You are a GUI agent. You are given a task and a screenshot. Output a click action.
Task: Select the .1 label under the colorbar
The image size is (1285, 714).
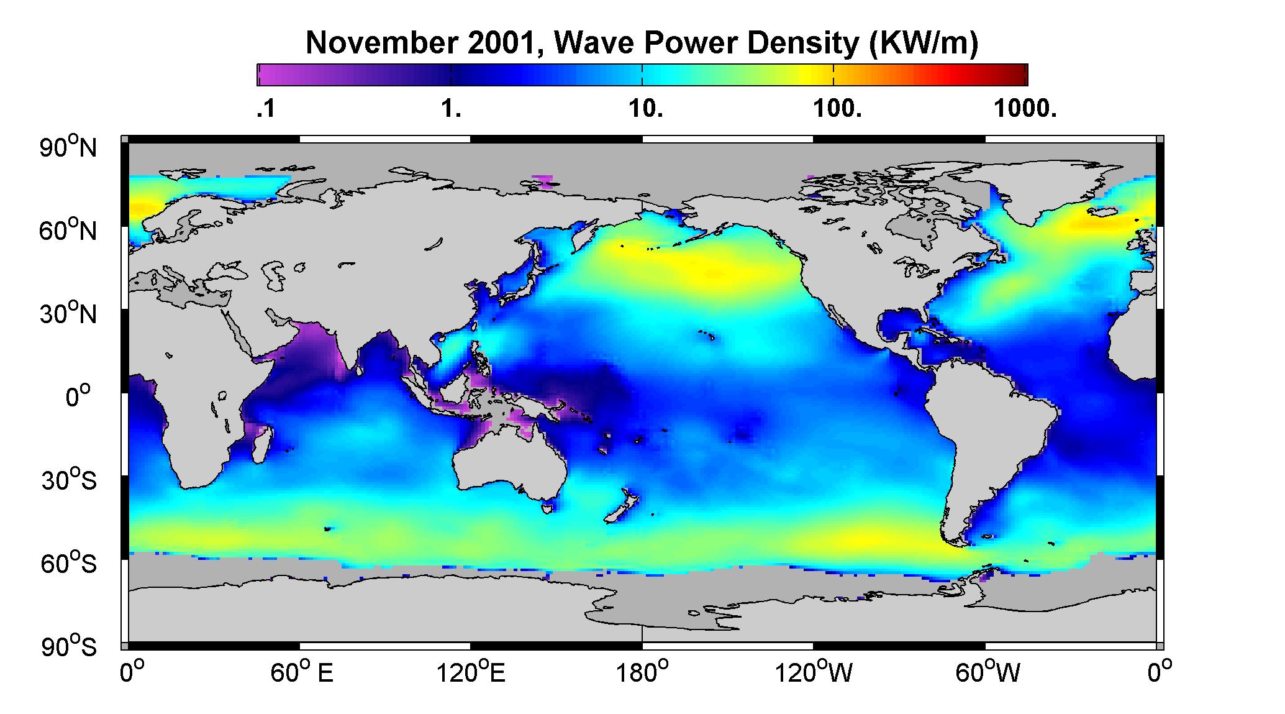click(x=266, y=109)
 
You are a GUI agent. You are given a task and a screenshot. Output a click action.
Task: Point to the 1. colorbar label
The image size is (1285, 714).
click(x=451, y=109)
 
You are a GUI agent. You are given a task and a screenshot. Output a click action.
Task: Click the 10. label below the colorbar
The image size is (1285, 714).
click(x=645, y=109)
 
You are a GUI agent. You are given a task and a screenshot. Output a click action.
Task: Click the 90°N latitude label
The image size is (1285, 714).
click(x=69, y=147)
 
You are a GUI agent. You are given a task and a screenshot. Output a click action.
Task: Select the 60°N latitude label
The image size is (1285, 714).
click(x=69, y=231)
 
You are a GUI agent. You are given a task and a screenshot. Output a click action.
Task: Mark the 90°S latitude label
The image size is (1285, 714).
click(x=69, y=647)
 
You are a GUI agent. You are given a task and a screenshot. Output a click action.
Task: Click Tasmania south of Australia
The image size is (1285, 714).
click(x=547, y=508)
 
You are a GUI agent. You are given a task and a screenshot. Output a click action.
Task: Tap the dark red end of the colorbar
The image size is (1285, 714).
click(x=1019, y=75)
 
